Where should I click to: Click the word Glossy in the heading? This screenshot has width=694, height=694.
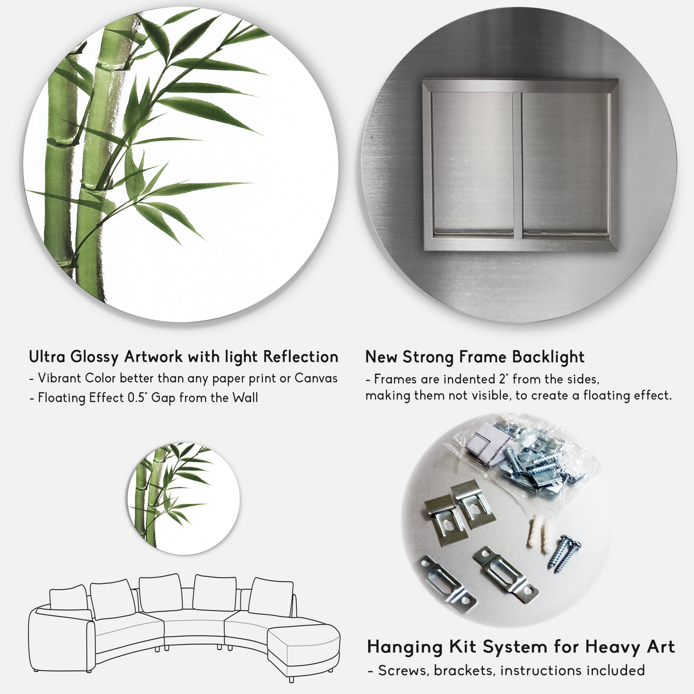[x=94, y=357]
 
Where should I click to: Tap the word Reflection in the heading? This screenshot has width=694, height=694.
[x=301, y=357]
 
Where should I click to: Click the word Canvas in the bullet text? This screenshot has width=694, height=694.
[x=316, y=378]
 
